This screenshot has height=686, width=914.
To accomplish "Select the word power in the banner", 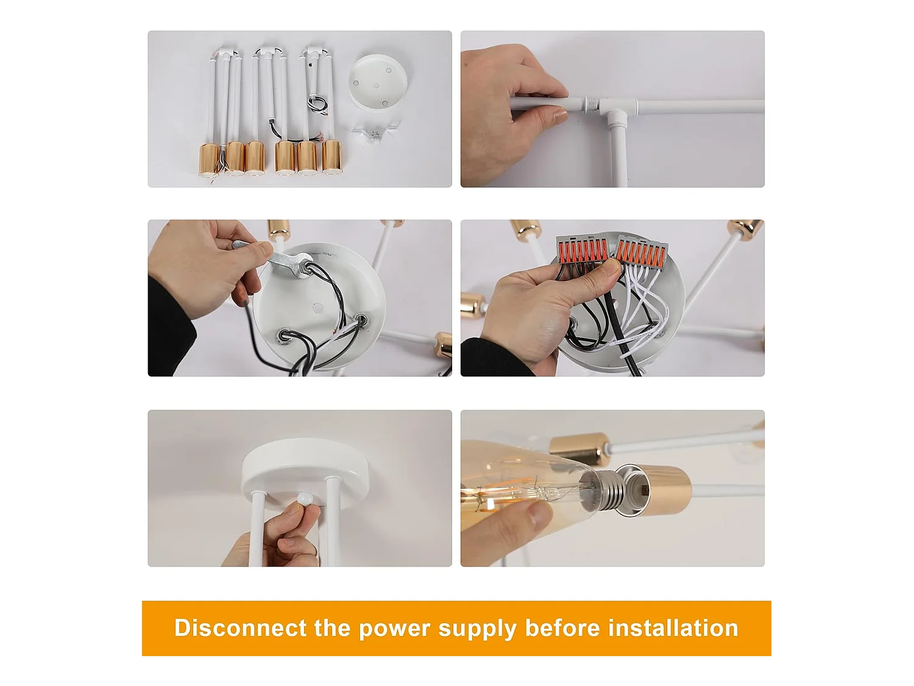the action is coord(394,630).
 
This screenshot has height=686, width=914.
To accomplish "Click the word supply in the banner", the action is coord(477,630).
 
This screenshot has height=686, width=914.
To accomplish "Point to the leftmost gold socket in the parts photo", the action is coord(210,160).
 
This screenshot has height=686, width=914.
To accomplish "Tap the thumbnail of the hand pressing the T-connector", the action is coord(612,109).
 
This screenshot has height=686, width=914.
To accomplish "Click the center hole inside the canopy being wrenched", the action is coord(318,308).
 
